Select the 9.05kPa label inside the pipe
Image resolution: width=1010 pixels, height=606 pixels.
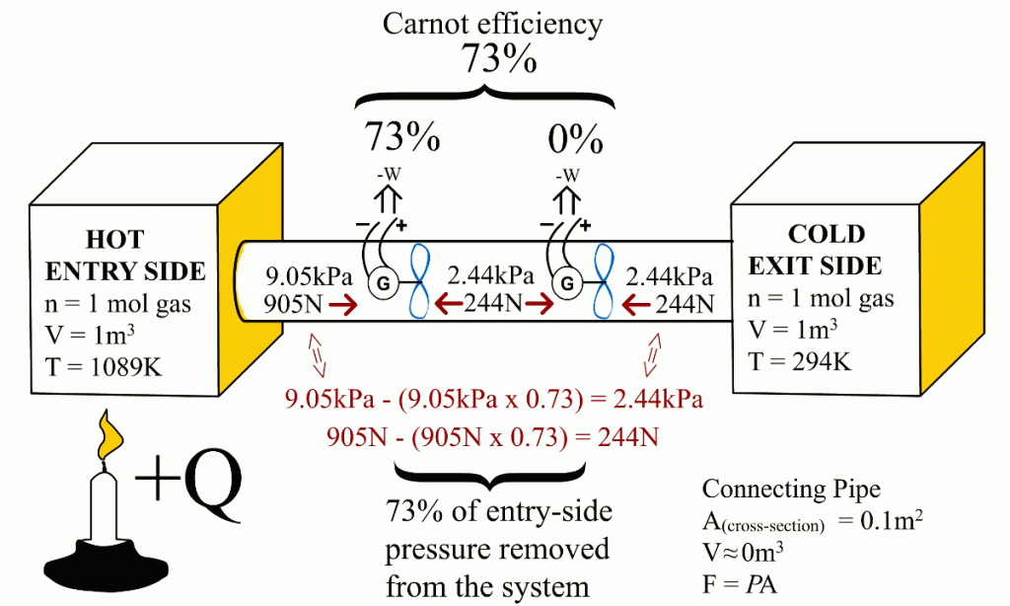[x=302, y=275]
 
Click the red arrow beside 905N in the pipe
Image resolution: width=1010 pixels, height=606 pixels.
[x=345, y=306]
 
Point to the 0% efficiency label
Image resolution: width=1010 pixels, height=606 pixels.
[x=575, y=140]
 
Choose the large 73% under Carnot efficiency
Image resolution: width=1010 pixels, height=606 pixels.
[x=499, y=61]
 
